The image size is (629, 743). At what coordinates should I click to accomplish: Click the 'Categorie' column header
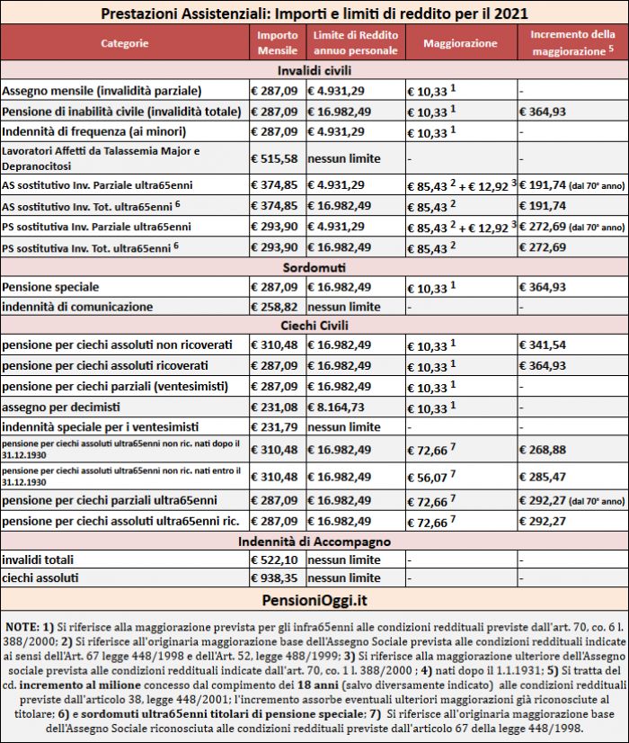click(x=125, y=43)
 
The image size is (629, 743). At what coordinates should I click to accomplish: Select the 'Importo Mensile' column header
click(x=277, y=43)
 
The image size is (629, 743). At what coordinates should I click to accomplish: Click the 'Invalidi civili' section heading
click(x=314, y=70)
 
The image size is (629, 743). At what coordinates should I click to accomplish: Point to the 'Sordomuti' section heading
click(x=314, y=267)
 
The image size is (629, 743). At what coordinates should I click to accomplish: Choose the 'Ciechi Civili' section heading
click(x=314, y=325)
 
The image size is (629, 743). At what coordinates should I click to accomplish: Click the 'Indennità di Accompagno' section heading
click(x=314, y=541)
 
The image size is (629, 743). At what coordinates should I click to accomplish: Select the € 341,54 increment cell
click(x=543, y=345)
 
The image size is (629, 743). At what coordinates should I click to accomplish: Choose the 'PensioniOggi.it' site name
click(x=314, y=598)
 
